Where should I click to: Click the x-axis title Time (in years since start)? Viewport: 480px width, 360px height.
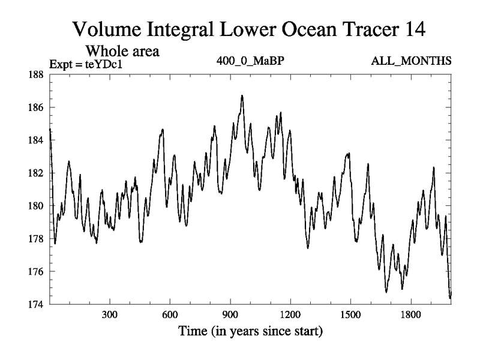[250, 331]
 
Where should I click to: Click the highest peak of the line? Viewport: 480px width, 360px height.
[242, 95]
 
